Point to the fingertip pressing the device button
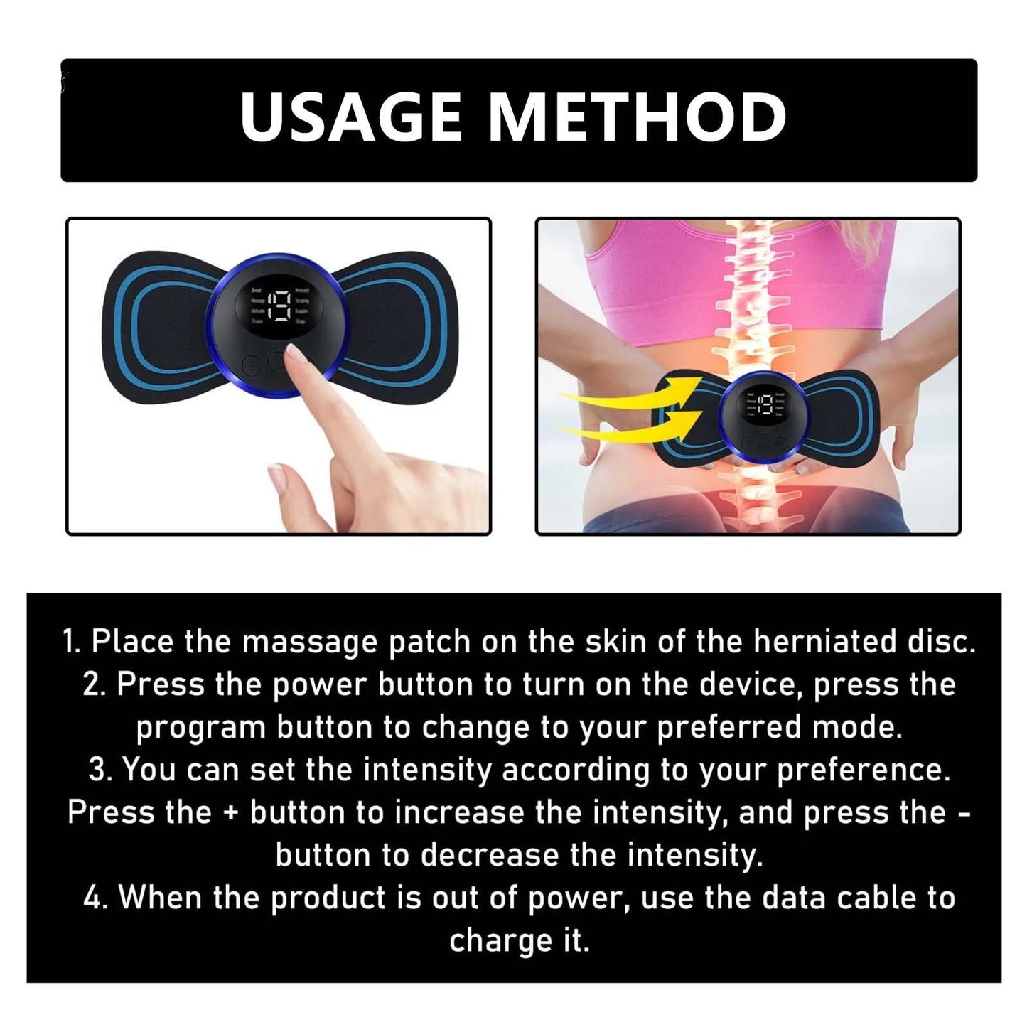[x=294, y=353]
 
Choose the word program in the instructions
[x=201, y=728]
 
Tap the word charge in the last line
[x=500, y=941]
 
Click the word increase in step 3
[x=459, y=813]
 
